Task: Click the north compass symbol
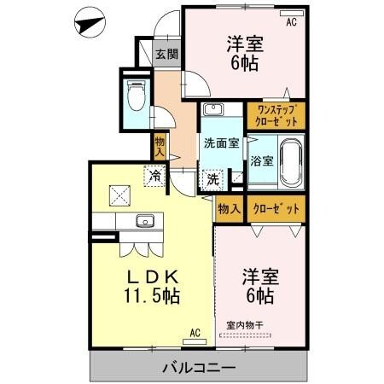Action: (x=90, y=22)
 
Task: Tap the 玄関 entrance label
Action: (x=167, y=54)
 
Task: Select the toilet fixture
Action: (x=137, y=95)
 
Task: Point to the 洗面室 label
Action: (x=222, y=143)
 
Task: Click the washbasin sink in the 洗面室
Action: (x=212, y=109)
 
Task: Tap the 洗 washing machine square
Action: (x=212, y=179)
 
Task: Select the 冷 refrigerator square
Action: (x=154, y=176)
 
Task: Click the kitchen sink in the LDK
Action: (x=145, y=221)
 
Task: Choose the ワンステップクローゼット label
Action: (x=276, y=116)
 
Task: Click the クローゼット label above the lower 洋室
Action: (x=276, y=209)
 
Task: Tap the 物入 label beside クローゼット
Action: (x=230, y=209)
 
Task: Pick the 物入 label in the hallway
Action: (x=160, y=147)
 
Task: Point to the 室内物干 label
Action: (x=245, y=325)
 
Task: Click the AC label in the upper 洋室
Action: (x=291, y=21)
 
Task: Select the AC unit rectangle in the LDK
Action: (x=195, y=342)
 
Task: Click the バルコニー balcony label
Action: (x=199, y=369)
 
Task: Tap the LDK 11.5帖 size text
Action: (x=152, y=287)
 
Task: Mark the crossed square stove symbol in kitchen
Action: (x=119, y=195)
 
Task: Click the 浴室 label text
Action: (x=262, y=161)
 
